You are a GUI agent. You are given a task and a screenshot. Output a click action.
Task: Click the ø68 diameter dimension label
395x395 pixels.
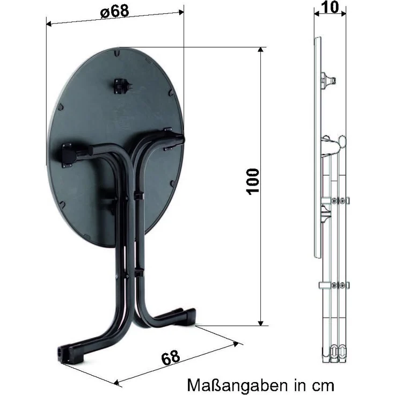click(x=115, y=11)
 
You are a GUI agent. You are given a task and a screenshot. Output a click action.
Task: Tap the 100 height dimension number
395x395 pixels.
click(x=252, y=181)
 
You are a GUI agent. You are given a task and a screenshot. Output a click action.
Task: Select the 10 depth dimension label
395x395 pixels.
click(x=330, y=7)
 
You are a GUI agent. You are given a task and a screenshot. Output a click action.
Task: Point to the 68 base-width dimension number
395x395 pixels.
click(x=171, y=357)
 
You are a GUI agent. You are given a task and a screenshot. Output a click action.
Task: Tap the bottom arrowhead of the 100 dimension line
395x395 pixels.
click(x=261, y=324)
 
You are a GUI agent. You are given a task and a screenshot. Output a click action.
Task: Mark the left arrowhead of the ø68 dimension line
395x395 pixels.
click(x=49, y=24)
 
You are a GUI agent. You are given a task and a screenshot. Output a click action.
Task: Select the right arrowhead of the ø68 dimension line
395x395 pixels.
click(x=181, y=12)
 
